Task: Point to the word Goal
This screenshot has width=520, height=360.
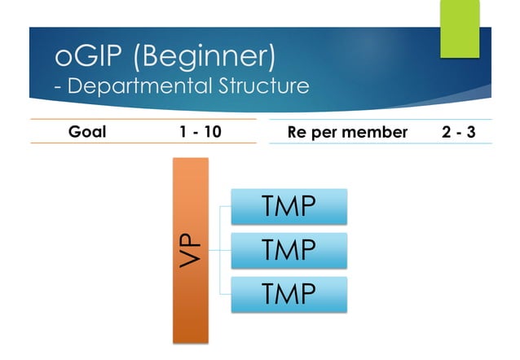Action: click(x=87, y=131)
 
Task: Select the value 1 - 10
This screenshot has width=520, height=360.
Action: click(x=200, y=131)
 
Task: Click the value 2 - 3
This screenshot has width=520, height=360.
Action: click(x=459, y=131)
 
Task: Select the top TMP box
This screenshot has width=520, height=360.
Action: click(x=289, y=206)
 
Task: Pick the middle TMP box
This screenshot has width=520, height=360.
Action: click(x=289, y=250)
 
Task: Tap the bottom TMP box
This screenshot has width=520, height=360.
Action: click(x=289, y=294)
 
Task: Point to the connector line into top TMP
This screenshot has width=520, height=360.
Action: click(x=225, y=207)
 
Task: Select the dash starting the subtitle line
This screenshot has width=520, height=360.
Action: click(x=59, y=86)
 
